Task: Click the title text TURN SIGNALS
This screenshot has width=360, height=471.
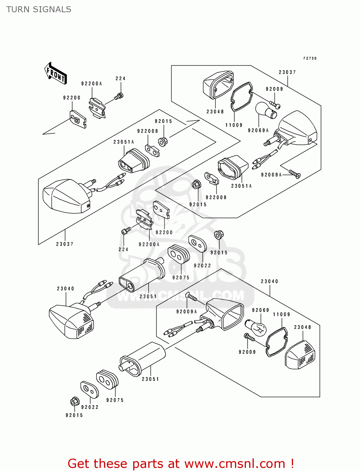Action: point(39,9)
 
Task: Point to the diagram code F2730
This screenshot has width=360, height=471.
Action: point(310,58)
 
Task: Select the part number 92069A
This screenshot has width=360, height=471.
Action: point(258,131)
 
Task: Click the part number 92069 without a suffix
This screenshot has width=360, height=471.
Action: point(260,310)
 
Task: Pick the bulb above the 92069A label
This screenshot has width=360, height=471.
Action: point(266,111)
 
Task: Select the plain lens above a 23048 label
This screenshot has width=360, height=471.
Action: point(217,84)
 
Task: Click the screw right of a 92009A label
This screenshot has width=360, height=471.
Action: point(295,174)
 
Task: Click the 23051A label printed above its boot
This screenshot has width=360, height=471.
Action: point(123,142)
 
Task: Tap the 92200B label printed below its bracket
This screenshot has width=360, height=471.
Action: point(216,198)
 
